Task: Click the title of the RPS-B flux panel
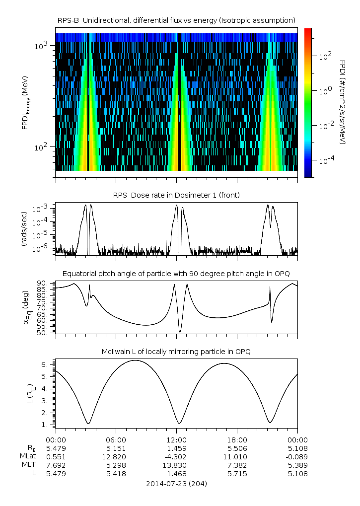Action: [176, 21]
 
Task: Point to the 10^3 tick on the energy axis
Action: [41, 45]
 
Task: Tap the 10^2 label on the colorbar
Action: [325, 57]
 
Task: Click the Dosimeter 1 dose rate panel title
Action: [176, 195]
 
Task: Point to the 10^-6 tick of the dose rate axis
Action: [41, 248]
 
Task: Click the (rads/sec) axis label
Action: [24, 229]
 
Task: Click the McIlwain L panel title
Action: [176, 352]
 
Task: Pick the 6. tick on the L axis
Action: [45, 364]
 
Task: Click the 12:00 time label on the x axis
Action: [176, 440]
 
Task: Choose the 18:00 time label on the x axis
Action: [237, 440]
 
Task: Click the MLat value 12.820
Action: [116, 457]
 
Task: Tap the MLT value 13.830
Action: [176, 465]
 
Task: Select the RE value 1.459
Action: [176, 448]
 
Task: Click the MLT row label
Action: [29, 465]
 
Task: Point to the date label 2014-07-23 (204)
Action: [176, 484]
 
